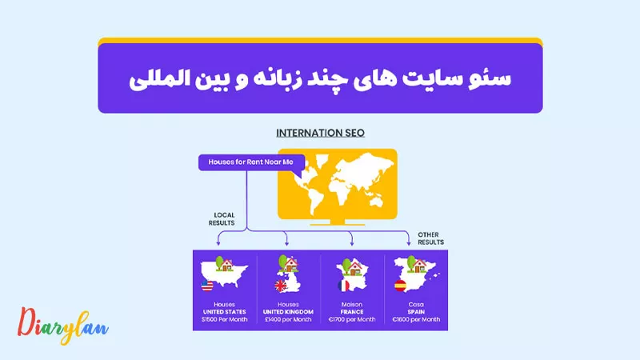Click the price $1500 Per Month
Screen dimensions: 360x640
[224, 319]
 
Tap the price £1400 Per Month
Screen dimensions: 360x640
[288, 319]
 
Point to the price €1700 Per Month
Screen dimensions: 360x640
[352, 319]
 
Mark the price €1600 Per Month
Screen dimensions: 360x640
[416, 319]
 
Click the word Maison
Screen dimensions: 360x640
[352, 305]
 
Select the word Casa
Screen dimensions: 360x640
[416, 305]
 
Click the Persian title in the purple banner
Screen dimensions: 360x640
[320, 78]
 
